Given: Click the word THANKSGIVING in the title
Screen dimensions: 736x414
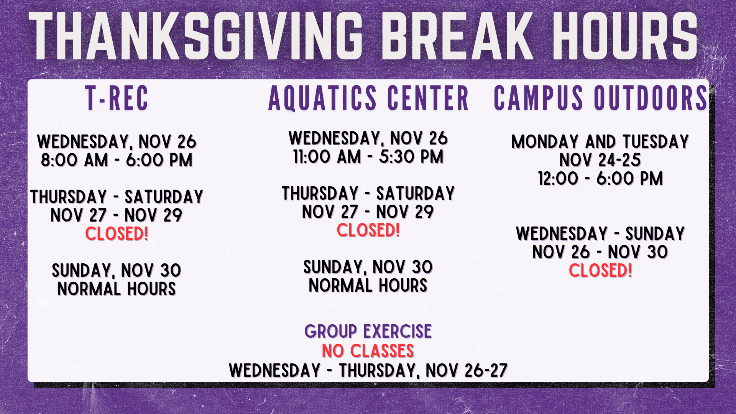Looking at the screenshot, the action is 196,36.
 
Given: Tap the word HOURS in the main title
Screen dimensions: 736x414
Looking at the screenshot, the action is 625,36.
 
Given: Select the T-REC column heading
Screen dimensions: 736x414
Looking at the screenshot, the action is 117,98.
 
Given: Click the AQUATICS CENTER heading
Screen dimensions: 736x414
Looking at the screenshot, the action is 368,98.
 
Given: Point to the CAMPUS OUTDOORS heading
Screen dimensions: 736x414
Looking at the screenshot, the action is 600,98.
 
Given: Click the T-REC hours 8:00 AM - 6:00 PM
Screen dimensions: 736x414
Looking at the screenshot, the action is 117,160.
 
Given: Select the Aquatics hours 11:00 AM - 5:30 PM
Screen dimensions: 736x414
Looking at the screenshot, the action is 368,157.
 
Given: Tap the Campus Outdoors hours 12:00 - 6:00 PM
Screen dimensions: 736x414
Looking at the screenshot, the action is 600,179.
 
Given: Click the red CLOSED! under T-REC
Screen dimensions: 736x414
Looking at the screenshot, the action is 117,234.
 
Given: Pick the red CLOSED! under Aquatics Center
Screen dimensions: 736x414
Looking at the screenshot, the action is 368,230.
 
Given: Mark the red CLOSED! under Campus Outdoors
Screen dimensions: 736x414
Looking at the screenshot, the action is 600,271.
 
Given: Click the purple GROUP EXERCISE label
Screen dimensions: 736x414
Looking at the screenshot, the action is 368,332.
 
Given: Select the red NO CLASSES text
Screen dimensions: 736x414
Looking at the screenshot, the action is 368,351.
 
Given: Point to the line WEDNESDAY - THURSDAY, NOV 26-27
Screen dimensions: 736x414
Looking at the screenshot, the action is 368,371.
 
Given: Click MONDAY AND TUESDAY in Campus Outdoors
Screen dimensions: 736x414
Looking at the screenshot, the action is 600,142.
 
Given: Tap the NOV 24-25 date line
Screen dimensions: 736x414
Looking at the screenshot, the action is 600,160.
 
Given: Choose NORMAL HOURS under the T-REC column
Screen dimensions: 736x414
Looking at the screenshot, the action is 117,289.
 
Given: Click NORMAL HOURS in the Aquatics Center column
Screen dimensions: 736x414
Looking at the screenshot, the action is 368,286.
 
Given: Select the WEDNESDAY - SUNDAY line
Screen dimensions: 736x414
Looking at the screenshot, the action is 600,234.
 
